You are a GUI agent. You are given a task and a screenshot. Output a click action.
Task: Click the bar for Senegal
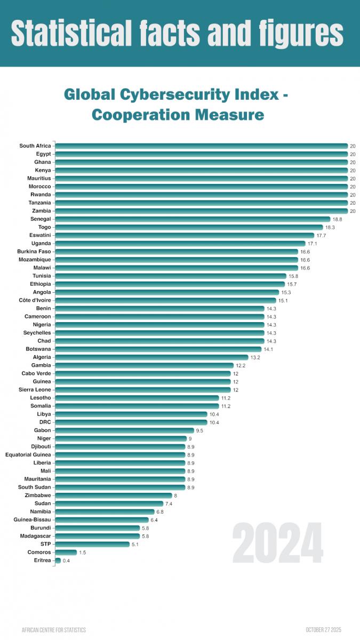coord(192,219)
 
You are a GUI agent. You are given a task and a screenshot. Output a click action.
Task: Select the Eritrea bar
coord(58,561)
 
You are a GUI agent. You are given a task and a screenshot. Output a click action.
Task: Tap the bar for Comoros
coord(66,553)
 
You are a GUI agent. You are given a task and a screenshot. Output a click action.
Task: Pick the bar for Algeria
coord(151,357)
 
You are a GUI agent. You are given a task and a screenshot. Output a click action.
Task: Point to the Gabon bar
coord(124,430)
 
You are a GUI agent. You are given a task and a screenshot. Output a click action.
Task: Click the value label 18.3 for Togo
coord(330,227)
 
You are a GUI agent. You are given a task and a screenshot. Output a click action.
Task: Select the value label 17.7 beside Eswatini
coord(321,235)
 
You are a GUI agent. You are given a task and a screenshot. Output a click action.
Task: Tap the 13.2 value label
coord(255,357)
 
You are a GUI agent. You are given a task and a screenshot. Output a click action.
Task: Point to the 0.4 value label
coord(66,561)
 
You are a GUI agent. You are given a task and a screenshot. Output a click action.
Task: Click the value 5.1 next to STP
coord(135,545)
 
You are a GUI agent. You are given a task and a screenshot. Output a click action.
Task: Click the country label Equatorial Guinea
coord(28,455)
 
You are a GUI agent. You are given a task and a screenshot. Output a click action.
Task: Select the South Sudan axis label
coord(35,487)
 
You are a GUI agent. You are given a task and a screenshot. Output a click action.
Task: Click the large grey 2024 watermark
coord(277,542)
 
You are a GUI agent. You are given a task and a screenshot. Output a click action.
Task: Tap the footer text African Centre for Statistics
coord(53,630)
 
